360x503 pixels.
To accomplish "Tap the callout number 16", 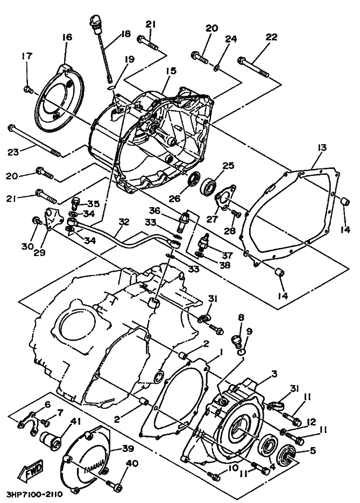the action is tap(67, 37).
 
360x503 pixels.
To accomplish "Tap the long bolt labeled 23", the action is tap(34, 141).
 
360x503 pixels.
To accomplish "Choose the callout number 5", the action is tap(312, 450).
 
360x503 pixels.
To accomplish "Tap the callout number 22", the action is tap(271, 37).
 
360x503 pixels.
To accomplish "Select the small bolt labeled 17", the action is tap(28, 90).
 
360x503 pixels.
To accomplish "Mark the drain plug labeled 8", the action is tap(236, 341).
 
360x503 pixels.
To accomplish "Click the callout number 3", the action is tap(274, 373).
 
